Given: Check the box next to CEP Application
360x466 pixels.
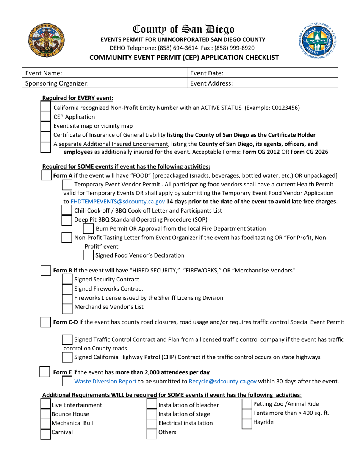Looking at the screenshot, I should pos(45,117).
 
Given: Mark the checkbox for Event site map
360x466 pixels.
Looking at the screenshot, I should pos(45,126).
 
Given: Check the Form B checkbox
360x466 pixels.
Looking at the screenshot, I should pos(45,271).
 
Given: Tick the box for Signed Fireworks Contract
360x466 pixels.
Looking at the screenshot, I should pos(67,289).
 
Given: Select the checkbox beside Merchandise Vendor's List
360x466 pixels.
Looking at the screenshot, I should pos(67,307).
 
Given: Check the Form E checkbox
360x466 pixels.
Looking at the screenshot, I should pos(45,372).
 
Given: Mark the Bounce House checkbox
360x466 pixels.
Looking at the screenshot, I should pos(45,414).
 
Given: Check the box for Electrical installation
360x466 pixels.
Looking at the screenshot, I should pos(152,423).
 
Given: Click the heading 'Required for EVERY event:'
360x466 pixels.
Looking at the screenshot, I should pos(78,98).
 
